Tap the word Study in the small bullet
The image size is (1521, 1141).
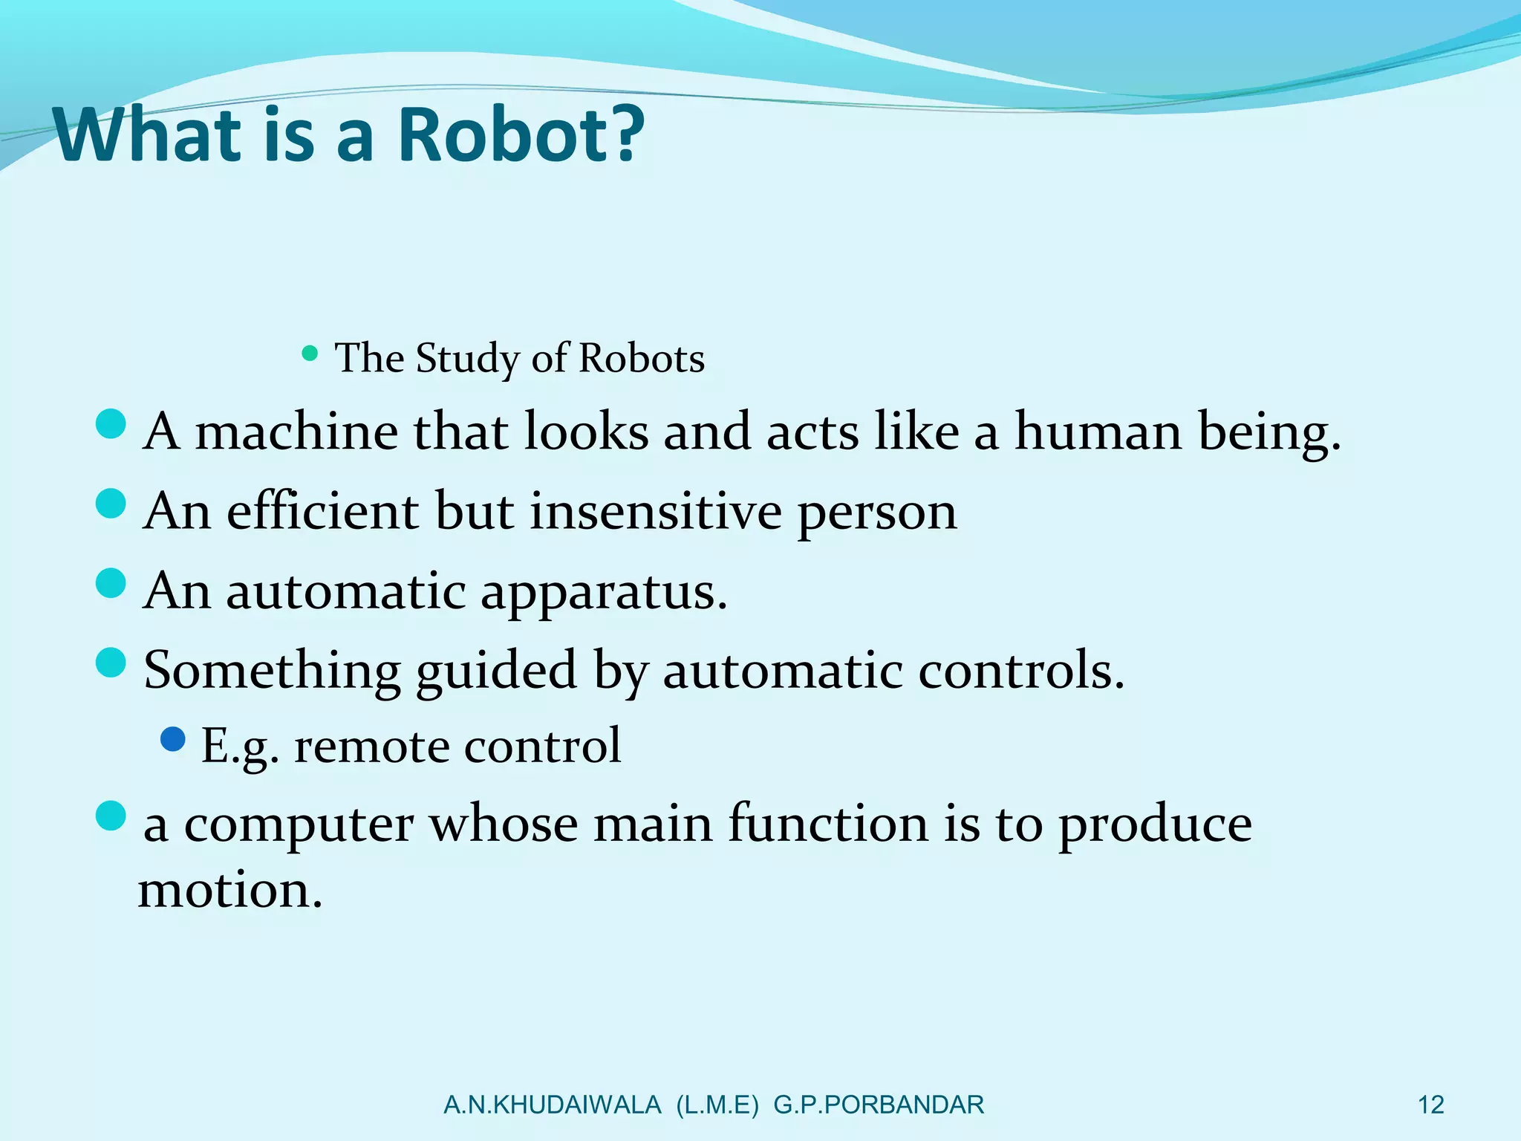(x=467, y=359)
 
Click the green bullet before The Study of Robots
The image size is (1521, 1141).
(x=310, y=353)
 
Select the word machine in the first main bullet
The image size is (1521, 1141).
(x=296, y=432)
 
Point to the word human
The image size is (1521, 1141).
(x=1098, y=432)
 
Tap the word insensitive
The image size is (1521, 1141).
(x=656, y=512)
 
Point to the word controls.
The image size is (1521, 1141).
(x=1021, y=671)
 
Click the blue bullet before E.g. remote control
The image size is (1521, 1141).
(x=172, y=739)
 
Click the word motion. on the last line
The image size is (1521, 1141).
(x=230, y=890)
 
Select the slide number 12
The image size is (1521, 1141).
(x=1430, y=1105)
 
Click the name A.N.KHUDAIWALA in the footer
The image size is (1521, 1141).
(x=552, y=1105)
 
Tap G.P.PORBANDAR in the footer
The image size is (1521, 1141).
(x=879, y=1105)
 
